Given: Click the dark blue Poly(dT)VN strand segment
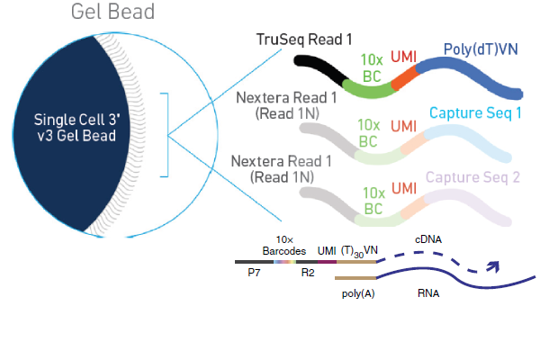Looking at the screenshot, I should pos(468,74).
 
